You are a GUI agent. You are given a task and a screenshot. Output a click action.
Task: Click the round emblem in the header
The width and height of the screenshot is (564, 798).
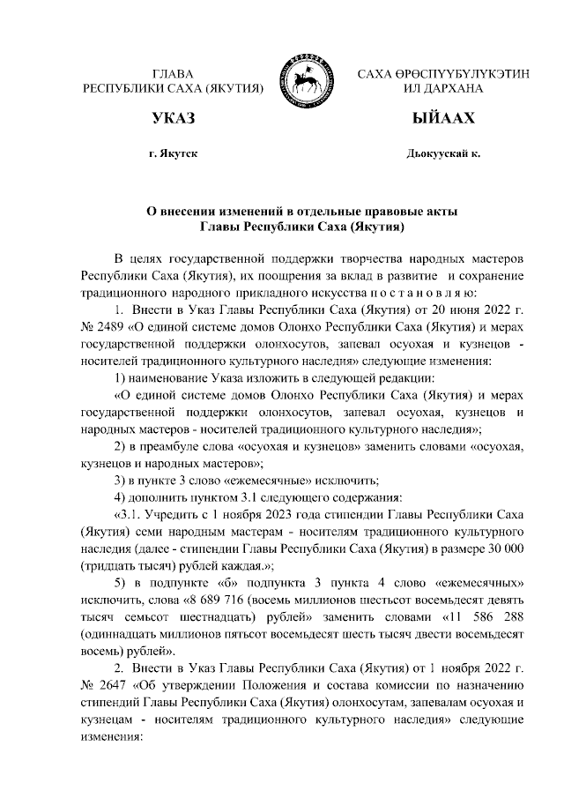point(306,80)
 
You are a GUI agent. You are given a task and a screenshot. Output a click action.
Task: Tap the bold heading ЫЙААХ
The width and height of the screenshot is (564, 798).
point(443,119)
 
